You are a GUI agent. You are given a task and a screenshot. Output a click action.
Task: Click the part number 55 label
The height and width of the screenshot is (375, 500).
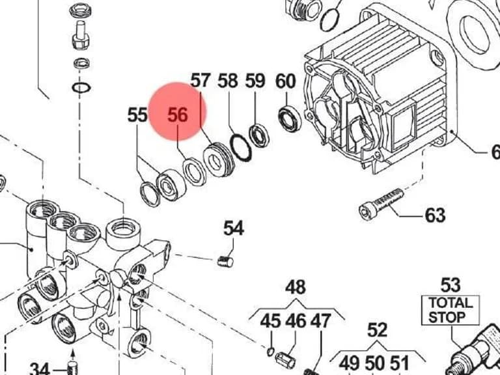click(x=137, y=115)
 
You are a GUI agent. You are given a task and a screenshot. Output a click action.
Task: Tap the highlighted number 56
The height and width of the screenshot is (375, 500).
click(x=178, y=115)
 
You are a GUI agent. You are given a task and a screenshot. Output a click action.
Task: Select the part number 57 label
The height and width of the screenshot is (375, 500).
click(x=201, y=80)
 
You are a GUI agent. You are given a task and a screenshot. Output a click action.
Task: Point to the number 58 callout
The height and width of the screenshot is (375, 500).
click(x=228, y=81)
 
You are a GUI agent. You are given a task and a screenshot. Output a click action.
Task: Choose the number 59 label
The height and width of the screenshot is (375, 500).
click(x=255, y=81)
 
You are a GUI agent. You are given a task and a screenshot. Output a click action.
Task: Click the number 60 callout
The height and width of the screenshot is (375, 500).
click(x=286, y=81)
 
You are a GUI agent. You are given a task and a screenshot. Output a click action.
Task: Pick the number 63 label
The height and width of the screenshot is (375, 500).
click(x=436, y=215)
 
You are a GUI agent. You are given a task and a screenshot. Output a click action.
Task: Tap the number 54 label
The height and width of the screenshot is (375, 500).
click(x=234, y=229)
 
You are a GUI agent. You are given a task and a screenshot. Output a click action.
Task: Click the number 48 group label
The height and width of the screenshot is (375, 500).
click(x=296, y=287)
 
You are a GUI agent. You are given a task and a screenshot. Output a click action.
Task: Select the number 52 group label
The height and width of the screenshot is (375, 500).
click(x=377, y=330)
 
